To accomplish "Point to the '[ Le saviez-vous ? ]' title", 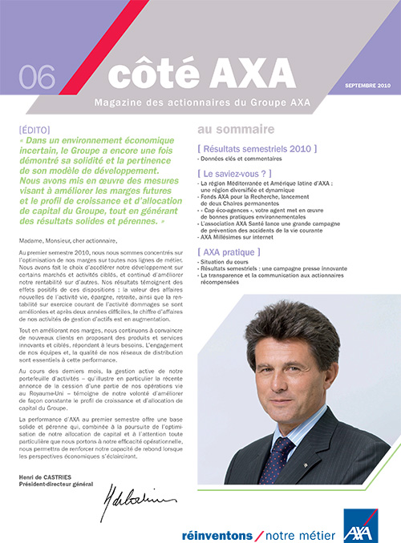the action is [x=237, y=172].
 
